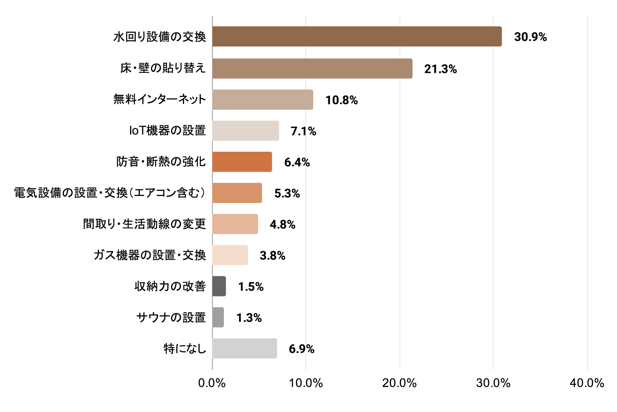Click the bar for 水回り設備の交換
coord(357,36)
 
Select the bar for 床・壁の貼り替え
coord(312,68)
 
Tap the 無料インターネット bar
coord(263,100)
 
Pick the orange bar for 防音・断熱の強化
coord(242,162)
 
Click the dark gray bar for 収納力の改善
coord(219,286)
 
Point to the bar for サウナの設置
coord(218,318)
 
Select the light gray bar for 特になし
coord(244,348)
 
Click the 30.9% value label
coord(530,37)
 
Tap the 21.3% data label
coord(440,69)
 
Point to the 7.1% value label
coord(303,131)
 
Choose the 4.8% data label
coord(282,225)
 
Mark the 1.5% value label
coord(251,287)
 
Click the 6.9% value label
coord(302,349)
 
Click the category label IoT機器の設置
coord(167,131)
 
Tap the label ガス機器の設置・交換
coord(150,255)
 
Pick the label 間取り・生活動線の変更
coord(144,224)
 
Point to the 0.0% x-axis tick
coord(212,383)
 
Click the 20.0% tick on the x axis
coord(400,383)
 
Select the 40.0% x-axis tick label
coord(587,383)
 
